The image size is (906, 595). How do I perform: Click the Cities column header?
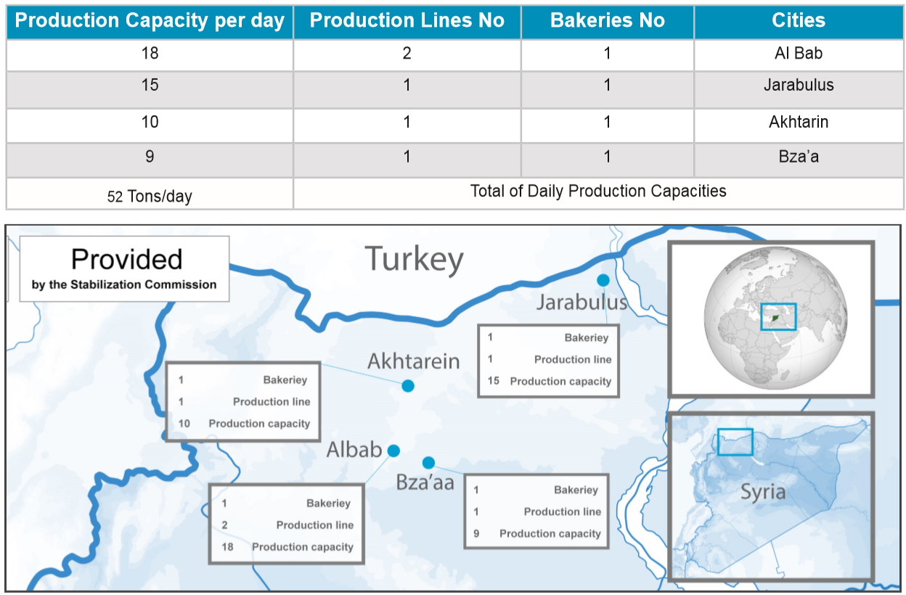click(x=798, y=20)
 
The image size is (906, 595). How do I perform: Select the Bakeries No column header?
click(x=607, y=20)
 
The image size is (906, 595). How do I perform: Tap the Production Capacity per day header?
click(x=150, y=21)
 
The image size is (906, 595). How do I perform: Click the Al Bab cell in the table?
click(x=799, y=54)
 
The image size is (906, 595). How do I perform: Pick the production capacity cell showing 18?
click(x=150, y=54)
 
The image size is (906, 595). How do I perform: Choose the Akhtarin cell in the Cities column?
click(x=799, y=122)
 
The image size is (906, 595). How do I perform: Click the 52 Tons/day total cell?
click(x=150, y=197)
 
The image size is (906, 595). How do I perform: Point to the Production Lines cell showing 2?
click(x=407, y=54)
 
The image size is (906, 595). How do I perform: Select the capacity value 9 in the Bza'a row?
click(x=150, y=157)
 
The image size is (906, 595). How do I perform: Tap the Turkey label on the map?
click(x=415, y=260)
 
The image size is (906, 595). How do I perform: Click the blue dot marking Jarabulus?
click(x=603, y=279)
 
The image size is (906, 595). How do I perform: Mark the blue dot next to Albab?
click(x=393, y=451)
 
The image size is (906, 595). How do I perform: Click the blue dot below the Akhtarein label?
click(x=408, y=386)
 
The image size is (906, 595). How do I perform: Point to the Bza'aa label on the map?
click(x=425, y=483)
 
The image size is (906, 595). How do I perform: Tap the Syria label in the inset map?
click(x=763, y=493)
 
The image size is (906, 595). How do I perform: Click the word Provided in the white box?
click(x=126, y=259)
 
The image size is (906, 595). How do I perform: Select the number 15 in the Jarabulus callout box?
click(x=493, y=381)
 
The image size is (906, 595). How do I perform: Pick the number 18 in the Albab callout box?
click(x=227, y=547)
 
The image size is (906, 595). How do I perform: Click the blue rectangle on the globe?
click(x=778, y=304)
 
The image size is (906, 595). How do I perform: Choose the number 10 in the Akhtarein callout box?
click(x=184, y=424)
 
